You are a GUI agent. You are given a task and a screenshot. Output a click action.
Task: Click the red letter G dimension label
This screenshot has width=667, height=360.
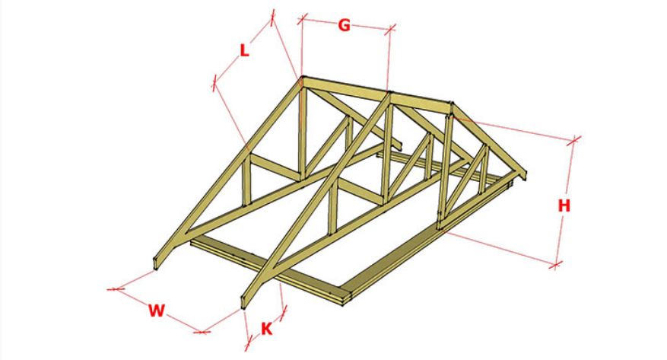(344, 26)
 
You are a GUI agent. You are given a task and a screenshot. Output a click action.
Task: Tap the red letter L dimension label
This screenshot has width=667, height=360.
(244, 51)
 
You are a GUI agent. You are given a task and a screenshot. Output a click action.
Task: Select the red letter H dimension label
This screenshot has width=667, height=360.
(564, 206)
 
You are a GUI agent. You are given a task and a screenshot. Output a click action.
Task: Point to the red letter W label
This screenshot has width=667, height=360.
(156, 311)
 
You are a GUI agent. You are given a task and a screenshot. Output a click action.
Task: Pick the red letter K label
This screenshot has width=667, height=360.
(266, 329)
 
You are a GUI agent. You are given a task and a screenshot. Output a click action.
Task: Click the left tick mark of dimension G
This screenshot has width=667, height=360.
(302, 18)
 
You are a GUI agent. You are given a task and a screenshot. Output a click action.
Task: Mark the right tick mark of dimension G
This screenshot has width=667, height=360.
(390, 29)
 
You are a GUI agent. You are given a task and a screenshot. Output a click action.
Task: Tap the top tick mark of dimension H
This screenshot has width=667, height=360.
(573, 139)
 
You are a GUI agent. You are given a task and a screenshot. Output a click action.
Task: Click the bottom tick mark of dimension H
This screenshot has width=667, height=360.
(555, 265)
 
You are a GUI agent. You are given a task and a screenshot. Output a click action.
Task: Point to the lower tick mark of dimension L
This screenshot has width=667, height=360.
(214, 83)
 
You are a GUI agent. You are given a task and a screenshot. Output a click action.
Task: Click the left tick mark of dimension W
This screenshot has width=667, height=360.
(116, 289)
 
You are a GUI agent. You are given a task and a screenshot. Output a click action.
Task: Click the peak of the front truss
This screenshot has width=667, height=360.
(303, 78)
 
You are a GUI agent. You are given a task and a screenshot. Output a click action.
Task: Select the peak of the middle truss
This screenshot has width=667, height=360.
(390, 93)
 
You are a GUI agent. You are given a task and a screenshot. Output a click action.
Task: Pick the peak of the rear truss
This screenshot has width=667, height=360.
(451, 104)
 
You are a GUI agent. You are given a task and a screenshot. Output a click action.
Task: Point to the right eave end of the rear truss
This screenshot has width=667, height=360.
(524, 176)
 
